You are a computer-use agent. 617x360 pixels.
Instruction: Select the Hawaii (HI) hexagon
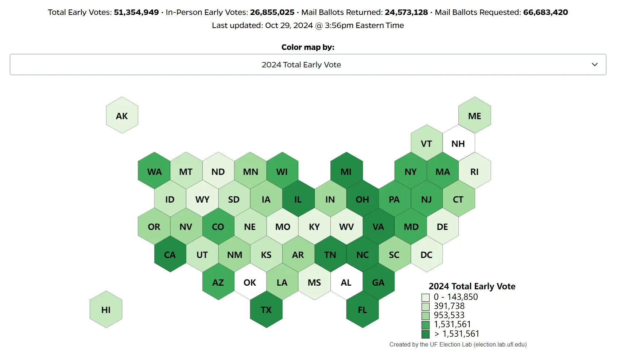pyautogui.click(x=106, y=309)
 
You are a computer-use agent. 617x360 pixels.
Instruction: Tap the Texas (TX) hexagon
pyautogui.click(x=266, y=309)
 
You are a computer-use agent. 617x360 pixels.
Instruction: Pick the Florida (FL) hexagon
pyautogui.click(x=362, y=309)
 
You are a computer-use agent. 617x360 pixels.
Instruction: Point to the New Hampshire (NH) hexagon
pyautogui.click(x=458, y=143)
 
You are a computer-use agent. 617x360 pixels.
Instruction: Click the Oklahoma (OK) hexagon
pyautogui.click(x=250, y=282)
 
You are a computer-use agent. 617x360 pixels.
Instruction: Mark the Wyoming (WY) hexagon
pyautogui.click(x=202, y=199)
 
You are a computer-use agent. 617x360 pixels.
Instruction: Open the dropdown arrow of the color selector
pyautogui.click(x=594, y=64)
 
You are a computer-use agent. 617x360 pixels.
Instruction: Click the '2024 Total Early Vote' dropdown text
pyautogui.click(x=301, y=64)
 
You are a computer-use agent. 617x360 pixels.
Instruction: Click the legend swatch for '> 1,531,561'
pyautogui.click(x=425, y=334)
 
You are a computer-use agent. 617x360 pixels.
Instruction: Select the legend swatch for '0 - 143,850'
pyautogui.click(x=425, y=297)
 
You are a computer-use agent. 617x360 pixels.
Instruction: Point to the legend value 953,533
pyautogui.click(x=449, y=315)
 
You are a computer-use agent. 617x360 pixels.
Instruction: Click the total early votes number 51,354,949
pyautogui.click(x=136, y=12)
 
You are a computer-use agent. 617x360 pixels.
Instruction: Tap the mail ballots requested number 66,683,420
pyautogui.click(x=545, y=12)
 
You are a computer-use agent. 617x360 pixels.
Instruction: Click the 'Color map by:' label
pyautogui.click(x=308, y=47)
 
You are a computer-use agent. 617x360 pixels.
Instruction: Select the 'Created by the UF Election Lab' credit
pyautogui.click(x=458, y=344)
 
